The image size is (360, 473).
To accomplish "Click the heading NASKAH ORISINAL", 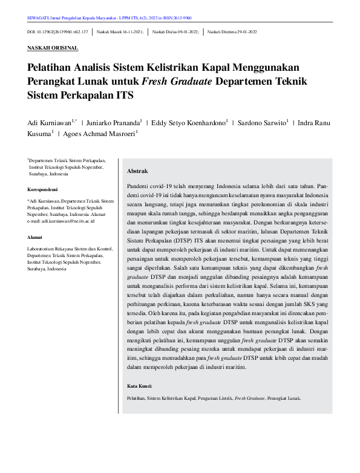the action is (x=53, y=47).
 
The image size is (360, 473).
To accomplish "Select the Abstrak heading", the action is (x=137, y=171).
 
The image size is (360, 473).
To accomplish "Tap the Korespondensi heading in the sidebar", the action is (x=43, y=189).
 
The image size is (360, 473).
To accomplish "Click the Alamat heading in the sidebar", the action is (x=35, y=237).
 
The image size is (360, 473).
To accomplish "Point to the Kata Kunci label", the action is (x=140, y=386).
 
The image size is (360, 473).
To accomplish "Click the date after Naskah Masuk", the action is (x=131, y=30).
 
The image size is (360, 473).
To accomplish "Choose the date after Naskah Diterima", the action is (x=244, y=30).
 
